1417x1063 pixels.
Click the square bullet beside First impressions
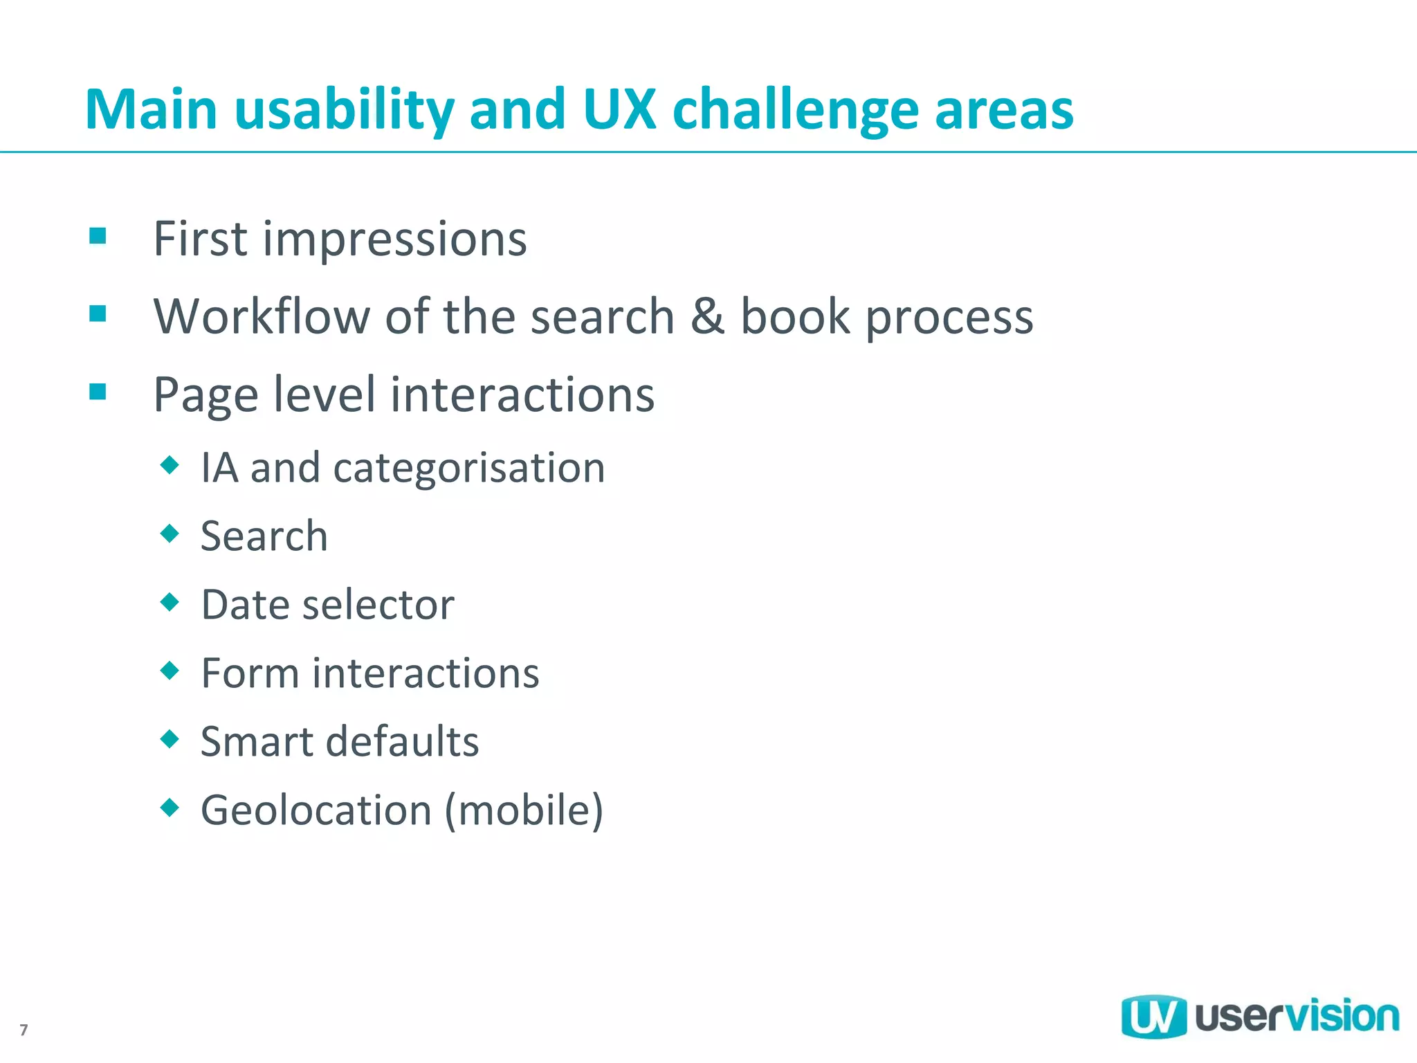point(98,237)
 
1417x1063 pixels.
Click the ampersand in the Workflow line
point(707,316)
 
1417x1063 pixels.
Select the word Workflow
point(262,316)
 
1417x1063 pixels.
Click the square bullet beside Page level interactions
point(98,392)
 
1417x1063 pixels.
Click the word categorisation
point(469,469)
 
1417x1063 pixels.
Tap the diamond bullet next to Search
point(170,534)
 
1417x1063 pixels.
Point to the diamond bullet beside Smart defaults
point(170,739)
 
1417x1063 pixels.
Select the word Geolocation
point(316,810)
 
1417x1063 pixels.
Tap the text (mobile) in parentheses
point(524,810)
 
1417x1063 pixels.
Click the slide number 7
point(24,1030)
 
